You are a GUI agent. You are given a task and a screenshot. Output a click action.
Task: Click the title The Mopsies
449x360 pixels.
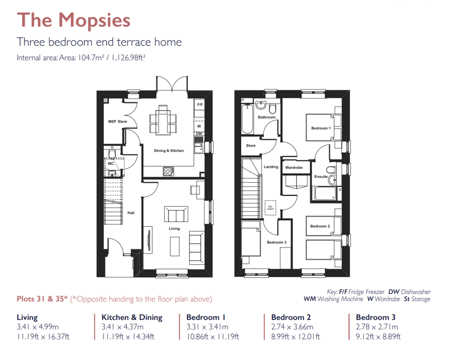(x=74, y=21)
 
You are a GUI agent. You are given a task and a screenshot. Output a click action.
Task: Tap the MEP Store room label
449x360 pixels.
(x=118, y=122)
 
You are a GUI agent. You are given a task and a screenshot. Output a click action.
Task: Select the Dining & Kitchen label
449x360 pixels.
(x=169, y=151)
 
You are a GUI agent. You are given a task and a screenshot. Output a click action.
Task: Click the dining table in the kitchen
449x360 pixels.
(x=162, y=120)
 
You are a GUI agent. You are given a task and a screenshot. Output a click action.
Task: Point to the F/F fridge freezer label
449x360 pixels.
(x=200, y=104)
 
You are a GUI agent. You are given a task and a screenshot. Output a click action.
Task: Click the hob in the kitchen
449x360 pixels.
(x=169, y=170)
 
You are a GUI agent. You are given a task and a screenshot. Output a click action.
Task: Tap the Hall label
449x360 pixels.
(x=131, y=213)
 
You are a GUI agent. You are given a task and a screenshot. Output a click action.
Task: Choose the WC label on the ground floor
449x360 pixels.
(x=111, y=164)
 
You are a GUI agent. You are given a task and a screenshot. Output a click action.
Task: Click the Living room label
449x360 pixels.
(x=174, y=229)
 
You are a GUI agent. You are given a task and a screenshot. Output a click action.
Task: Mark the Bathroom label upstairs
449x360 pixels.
(x=267, y=117)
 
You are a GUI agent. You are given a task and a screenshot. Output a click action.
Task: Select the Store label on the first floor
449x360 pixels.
(x=251, y=146)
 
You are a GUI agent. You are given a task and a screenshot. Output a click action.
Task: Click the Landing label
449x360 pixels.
(x=271, y=167)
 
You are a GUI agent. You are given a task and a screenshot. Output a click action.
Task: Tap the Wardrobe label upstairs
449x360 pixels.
(x=294, y=168)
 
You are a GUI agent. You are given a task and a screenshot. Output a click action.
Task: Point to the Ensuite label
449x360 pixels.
(x=321, y=176)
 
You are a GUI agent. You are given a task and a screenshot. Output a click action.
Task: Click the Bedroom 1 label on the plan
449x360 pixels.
(x=321, y=128)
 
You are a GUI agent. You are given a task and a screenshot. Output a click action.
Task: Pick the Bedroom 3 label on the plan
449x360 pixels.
(x=277, y=242)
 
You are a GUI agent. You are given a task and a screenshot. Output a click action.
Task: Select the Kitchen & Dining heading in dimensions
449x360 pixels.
(x=132, y=317)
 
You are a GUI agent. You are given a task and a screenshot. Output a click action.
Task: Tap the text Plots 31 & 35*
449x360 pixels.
(x=42, y=299)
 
